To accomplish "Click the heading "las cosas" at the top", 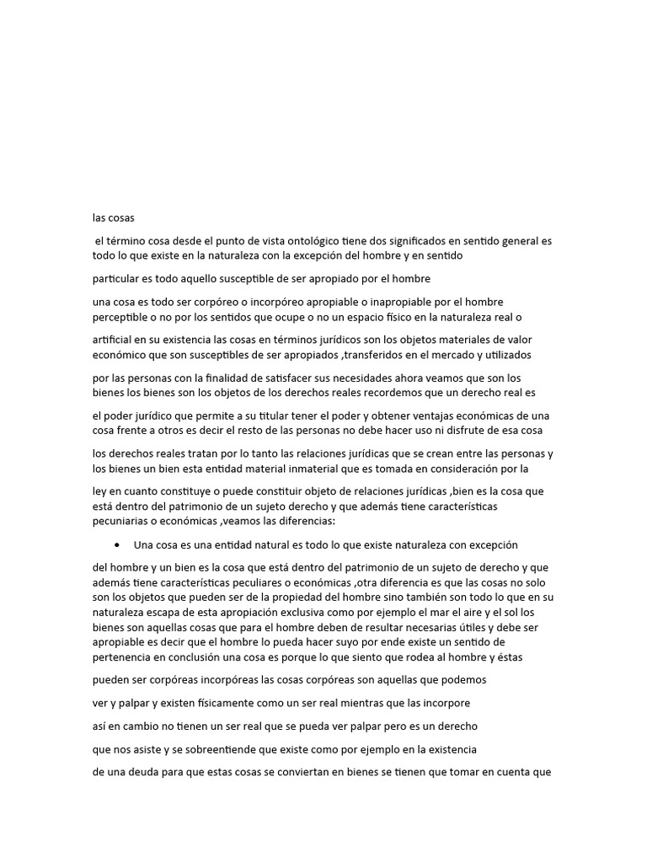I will click(x=114, y=217).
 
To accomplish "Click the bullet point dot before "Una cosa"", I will click(x=114, y=544).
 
